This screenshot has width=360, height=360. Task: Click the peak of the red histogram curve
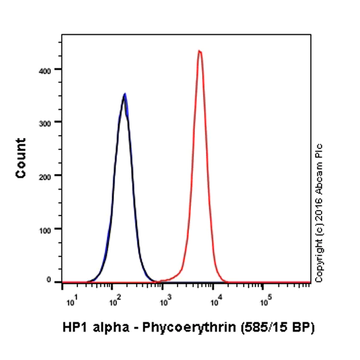tap(199, 51)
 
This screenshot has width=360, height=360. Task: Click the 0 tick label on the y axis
tap(54, 280)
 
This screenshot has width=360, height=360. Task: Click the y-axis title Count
tap(21, 158)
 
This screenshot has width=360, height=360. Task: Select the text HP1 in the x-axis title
tap(73, 328)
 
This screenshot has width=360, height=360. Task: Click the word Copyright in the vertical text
tap(319, 259)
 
